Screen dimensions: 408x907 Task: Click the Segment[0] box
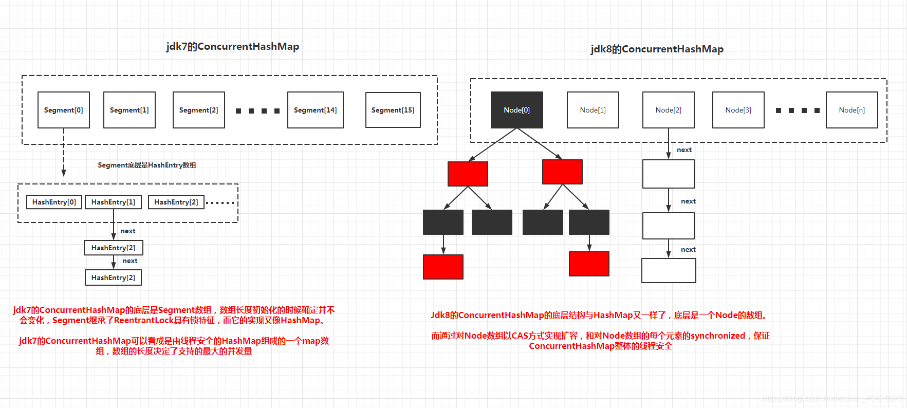[64, 110]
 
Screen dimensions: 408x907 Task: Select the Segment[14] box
[315, 110]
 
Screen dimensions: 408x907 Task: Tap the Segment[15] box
[393, 110]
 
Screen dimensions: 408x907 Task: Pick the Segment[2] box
[198, 110]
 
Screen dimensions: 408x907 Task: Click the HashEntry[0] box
[54, 202]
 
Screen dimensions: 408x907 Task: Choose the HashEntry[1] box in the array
[113, 202]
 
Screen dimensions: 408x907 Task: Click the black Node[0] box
[516, 110]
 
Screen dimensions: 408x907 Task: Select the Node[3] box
[738, 110]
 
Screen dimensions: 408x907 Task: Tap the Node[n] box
[852, 110]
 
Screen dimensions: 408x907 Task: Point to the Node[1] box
[593, 110]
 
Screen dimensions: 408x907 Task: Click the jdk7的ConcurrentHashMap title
[232, 47]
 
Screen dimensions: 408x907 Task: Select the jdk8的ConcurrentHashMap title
[657, 49]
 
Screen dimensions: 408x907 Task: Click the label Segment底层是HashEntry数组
[147, 165]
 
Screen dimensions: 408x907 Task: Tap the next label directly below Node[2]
[684, 150]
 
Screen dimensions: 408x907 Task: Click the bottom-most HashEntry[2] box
[113, 277]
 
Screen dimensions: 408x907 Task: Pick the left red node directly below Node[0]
[468, 174]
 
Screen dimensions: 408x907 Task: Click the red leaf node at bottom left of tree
[443, 267]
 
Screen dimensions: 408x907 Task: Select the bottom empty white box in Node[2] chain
[669, 270]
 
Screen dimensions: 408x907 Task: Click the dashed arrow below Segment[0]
[64, 154]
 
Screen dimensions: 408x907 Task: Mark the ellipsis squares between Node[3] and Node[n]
[798, 110]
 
